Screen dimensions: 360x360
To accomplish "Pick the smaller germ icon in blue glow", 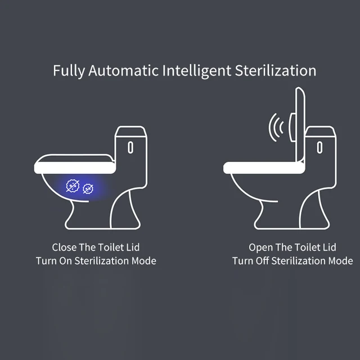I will (x=88, y=188).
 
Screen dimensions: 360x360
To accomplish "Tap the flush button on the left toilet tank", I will (x=130, y=147).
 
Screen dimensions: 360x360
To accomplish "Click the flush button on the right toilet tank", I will (x=319, y=147).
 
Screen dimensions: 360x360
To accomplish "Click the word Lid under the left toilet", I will (x=132, y=247).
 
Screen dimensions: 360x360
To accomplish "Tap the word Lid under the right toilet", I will (x=329, y=247).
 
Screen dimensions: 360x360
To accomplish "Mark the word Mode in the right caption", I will (x=341, y=261).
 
